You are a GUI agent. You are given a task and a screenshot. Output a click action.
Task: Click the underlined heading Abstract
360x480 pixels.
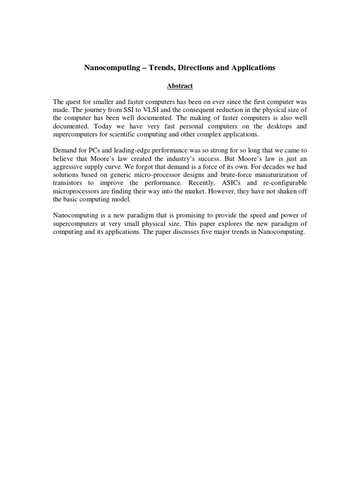[x=180, y=86]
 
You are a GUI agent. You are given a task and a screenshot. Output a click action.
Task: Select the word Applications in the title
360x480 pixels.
[x=253, y=67]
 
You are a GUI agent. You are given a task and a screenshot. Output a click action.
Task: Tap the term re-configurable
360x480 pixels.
[x=282, y=181]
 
